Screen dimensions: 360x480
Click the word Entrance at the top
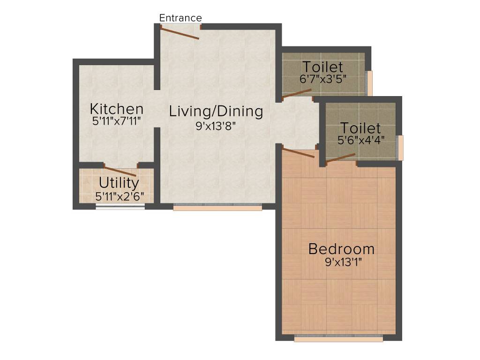pos(180,18)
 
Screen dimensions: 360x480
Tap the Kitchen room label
pos(117,109)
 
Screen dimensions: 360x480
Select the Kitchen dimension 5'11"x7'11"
pos(117,121)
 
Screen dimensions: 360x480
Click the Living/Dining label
pos(216,112)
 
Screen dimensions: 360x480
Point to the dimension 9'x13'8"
pos(216,125)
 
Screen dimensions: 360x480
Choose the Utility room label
pos(119,182)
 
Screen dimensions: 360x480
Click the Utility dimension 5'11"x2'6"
pos(119,197)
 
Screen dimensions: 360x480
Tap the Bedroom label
pos(341,248)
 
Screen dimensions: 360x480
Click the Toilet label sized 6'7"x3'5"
pos(322,67)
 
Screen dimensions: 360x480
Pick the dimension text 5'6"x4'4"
pos(361,140)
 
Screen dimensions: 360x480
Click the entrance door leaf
pos(180,32)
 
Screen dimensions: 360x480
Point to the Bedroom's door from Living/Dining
pos(298,152)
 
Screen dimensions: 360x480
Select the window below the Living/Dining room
pos(217,207)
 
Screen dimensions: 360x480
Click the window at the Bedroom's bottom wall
pos(338,338)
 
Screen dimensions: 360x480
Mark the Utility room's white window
pos(120,207)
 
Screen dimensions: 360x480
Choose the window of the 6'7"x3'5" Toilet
pos(370,83)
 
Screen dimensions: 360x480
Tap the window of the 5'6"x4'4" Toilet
pos(400,148)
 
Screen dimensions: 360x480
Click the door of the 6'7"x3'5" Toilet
pos(297,93)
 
